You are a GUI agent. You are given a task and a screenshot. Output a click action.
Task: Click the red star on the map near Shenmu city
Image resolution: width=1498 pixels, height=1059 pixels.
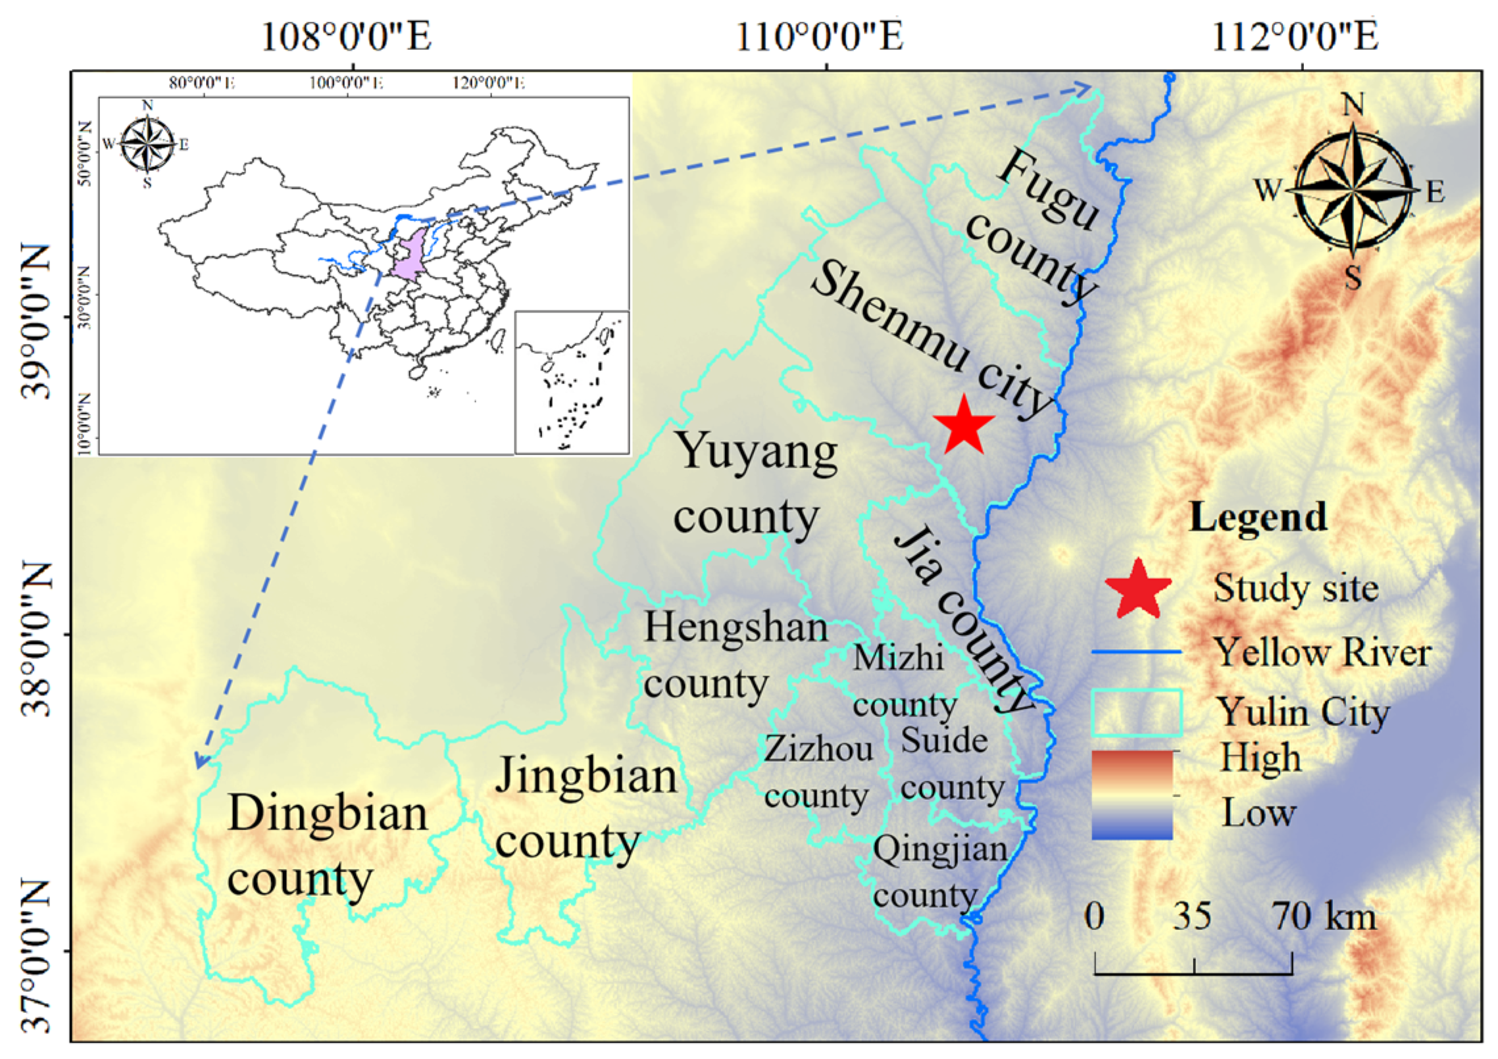coord(963,427)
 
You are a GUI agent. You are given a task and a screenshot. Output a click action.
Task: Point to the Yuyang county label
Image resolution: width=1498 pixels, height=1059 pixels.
coord(755,483)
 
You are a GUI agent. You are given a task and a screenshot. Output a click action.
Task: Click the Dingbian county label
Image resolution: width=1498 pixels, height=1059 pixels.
coord(327,845)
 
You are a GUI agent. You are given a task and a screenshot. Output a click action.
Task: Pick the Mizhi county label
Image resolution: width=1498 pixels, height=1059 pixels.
coord(903,681)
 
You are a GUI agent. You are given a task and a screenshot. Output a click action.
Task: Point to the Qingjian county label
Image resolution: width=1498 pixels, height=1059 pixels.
coord(939,872)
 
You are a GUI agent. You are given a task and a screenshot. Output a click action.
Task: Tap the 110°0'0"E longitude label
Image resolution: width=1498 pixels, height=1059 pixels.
coord(819,37)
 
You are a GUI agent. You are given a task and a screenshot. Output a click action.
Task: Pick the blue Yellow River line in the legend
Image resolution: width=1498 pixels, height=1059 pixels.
coord(1136,653)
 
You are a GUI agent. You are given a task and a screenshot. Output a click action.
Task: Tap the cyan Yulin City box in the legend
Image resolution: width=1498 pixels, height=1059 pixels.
coord(1136,712)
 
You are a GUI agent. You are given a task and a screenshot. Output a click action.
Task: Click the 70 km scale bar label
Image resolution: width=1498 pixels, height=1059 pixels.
coord(1323,916)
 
